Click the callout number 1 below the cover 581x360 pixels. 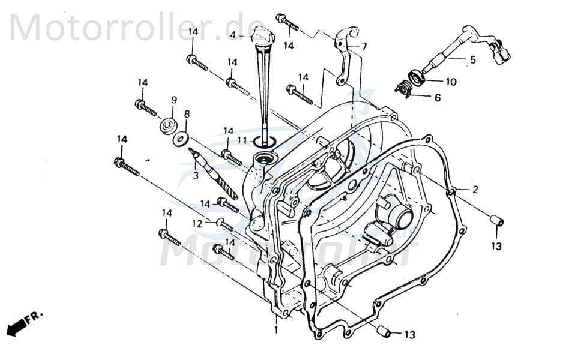[276, 330]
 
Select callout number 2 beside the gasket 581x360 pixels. [475, 190]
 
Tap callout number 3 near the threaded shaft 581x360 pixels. [194, 176]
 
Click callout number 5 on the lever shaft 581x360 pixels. [472, 59]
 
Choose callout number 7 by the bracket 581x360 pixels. [364, 46]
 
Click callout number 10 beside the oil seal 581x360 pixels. [450, 81]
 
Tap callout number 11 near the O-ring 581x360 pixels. [241, 140]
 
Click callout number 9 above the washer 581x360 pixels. [174, 100]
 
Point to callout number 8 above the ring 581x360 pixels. [187, 113]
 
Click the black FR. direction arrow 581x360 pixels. [18, 325]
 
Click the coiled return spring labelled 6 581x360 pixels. [406, 89]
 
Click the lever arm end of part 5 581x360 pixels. [501, 52]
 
